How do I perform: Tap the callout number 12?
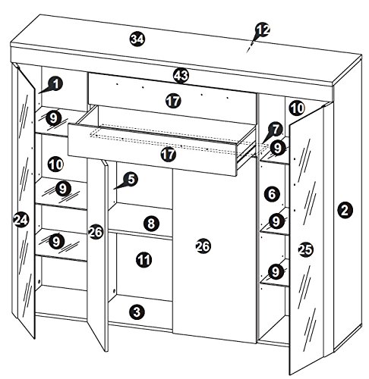point(262,30)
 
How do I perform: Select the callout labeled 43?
point(180,75)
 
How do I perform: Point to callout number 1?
point(58,85)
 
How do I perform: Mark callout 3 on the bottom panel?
point(137,311)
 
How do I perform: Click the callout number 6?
point(271,194)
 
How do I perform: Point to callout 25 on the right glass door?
point(305,249)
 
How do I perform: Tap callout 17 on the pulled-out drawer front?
point(169,154)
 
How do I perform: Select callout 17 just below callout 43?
point(174,100)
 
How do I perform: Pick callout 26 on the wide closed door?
point(203,246)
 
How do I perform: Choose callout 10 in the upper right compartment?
point(296,108)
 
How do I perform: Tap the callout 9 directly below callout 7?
point(279,148)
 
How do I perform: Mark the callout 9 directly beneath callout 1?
point(52,117)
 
